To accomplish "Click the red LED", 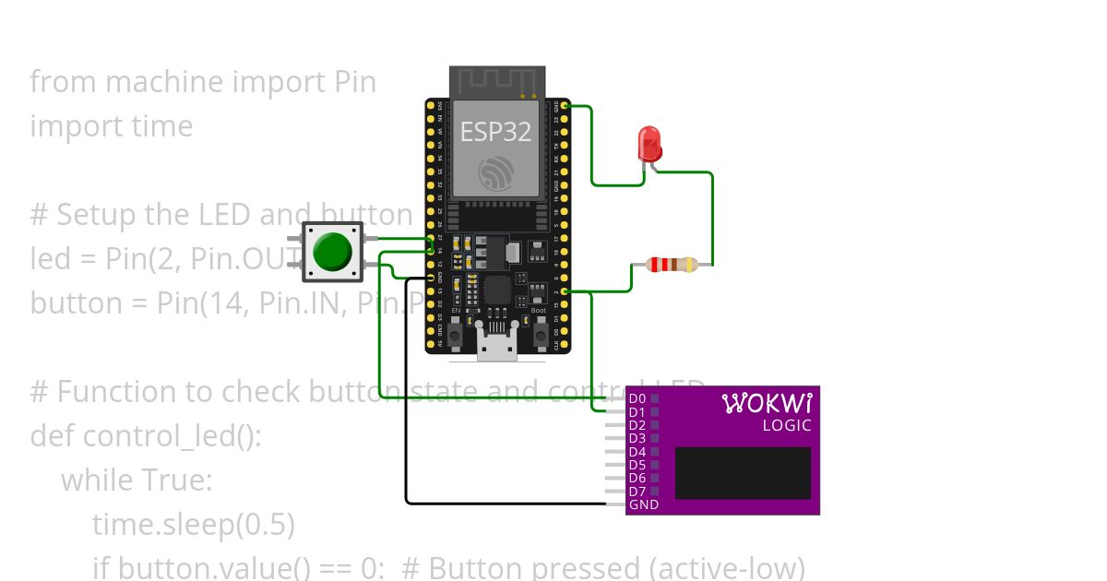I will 650,144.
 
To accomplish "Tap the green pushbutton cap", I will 332,252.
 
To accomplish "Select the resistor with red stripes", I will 672,265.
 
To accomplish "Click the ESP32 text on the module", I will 495,132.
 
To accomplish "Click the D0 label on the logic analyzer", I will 637,398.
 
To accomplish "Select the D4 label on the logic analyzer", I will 637,452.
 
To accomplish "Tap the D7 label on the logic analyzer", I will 637,492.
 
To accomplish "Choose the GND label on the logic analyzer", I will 643,505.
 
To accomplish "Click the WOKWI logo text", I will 767,404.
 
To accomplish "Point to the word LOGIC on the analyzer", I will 787,426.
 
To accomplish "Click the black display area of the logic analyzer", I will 743,473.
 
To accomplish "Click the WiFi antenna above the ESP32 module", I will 495,81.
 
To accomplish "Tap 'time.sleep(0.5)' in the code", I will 193,525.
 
